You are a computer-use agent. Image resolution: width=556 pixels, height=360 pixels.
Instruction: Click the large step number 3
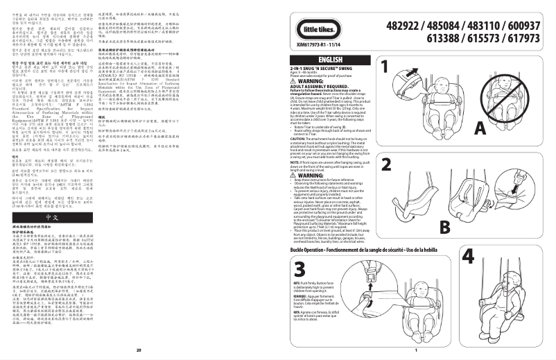tap(299, 270)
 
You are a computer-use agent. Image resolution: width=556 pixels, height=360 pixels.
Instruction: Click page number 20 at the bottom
tap(139, 351)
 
